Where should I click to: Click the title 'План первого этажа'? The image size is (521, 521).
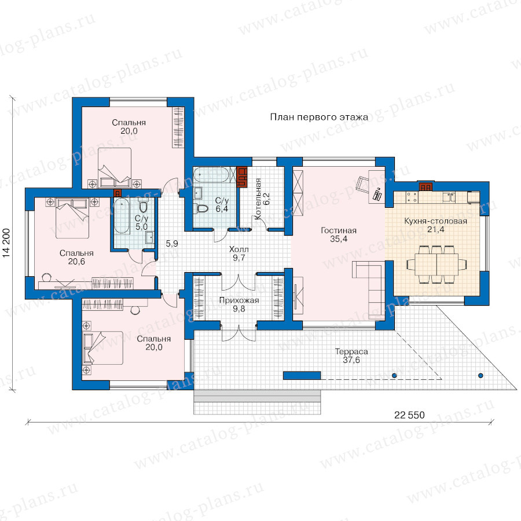pyautogui.click(x=319, y=118)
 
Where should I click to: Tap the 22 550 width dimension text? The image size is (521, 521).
pyautogui.click(x=409, y=415)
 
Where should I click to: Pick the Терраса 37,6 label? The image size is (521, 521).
pyautogui.click(x=351, y=355)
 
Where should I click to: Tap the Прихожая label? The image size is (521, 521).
pyautogui.click(x=239, y=300)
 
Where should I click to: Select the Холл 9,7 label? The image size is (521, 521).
pyautogui.click(x=239, y=253)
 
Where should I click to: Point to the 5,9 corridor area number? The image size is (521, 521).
pyautogui.click(x=172, y=244)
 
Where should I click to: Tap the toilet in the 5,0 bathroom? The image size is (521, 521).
pyautogui.click(x=143, y=206)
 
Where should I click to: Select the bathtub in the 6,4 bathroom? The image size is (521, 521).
pyautogui.click(x=211, y=175)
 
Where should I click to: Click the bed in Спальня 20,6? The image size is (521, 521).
pyautogui.click(x=72, y=218)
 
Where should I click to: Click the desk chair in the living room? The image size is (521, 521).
pyautogui.click(x=362, y=184)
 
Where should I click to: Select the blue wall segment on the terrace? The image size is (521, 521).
pyautogui.click(x=302, y=376)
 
